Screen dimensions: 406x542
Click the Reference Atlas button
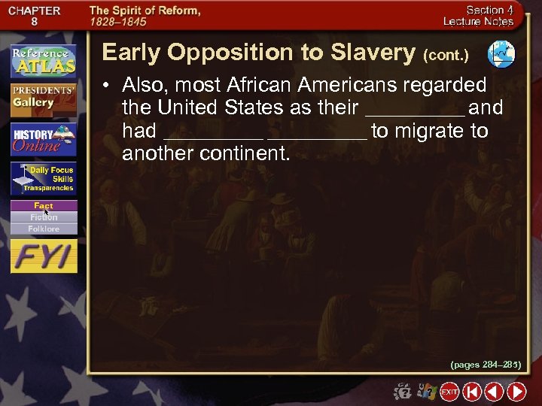point(43,61)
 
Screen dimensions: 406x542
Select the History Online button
point(43,139)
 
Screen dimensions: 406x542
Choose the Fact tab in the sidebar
point(43,206)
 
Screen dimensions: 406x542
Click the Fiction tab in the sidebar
point(43,217)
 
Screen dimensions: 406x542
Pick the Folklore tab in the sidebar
point(43,229)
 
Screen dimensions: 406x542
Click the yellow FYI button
point(43,257)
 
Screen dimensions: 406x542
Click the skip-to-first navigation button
point(472,392)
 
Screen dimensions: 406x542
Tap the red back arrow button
point(494,392)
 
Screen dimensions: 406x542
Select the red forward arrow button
point(516,392)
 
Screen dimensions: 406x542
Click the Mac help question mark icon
point(403,392)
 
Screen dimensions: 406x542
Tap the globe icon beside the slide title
point(501,53)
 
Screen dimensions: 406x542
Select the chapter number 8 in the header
point(34,23)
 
